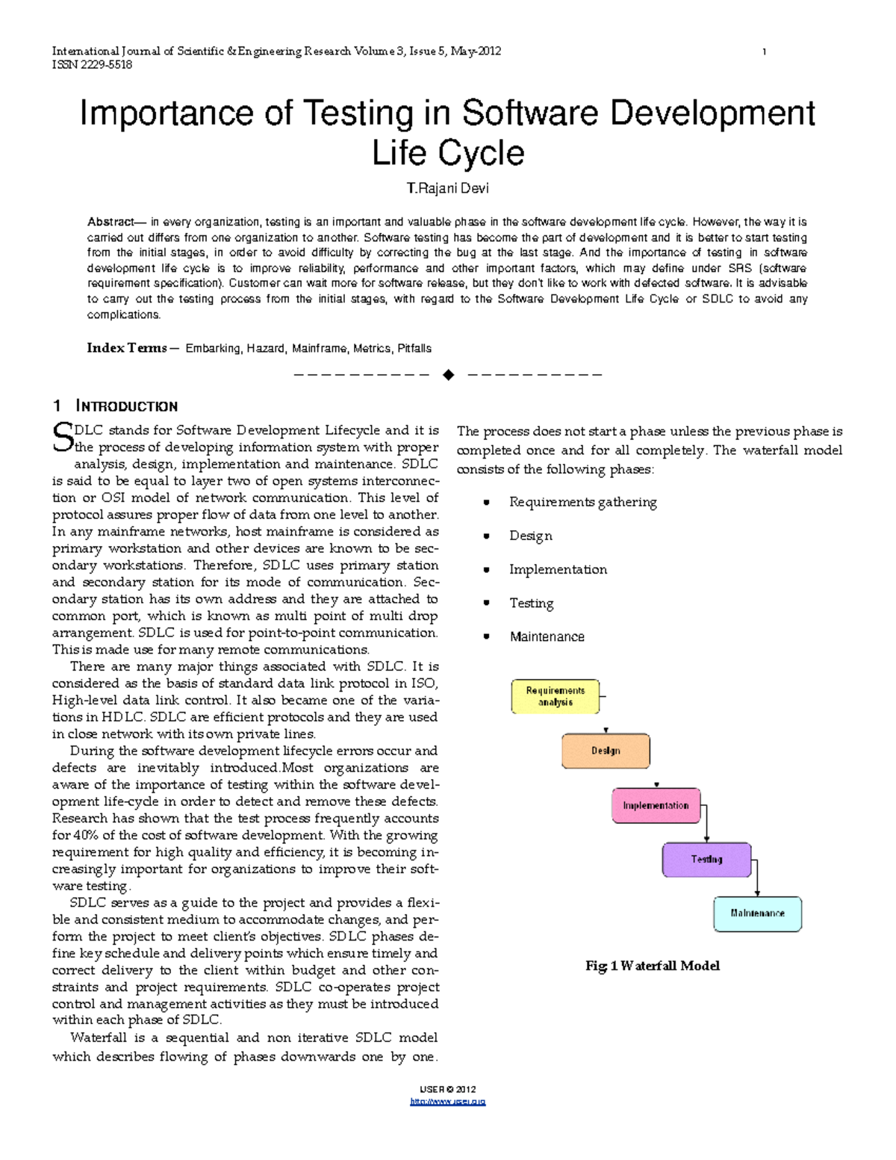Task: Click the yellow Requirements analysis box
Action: pyautogui.click(x=555, y=696)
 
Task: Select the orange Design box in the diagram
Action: pyautogui.click(x=606, y=751)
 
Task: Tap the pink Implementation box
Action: pyautogui.click(x=656, y=805)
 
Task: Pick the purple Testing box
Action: pyautogui.click(x=706, y=860)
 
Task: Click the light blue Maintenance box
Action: pyautogui.click(x=757, y=914)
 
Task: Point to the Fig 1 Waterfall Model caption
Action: pyautogui.click(x=652, y=966)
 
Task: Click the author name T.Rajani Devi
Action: pyautogui.click(x=447, y=188)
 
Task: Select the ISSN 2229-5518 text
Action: pyautogui.click(x=92, y=65)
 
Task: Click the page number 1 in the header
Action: pyautogui.click(x=764, y=52)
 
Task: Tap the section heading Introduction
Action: pyautogui.click(x=126, y=406)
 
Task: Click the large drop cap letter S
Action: pyautogui.click(x=62, y=438)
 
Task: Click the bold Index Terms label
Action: pyautogui.click(x=127, y=348)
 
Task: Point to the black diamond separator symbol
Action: pyautogui.click(x=448, y=375)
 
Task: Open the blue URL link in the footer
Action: pyautogui.click(x=448, y=1102)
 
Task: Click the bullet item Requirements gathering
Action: pyautogui.click(x=582, y=502)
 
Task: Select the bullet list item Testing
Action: pyautogui.click(x=531, y=603)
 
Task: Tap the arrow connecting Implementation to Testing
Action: pyautogui.click(x=706, y=822)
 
